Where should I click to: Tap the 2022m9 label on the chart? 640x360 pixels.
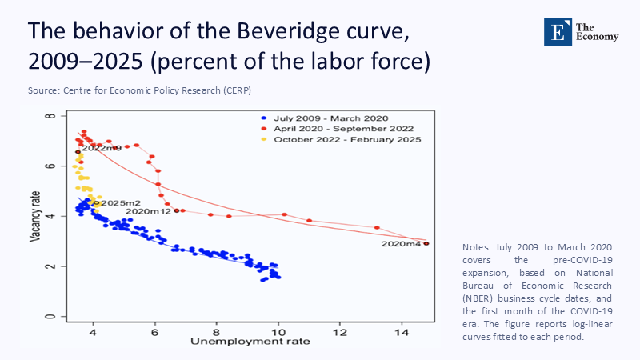click(x=101, y=147)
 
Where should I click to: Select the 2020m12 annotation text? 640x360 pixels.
click(x=148, y=211)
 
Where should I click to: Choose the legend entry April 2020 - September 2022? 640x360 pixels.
click(x=329, y=129)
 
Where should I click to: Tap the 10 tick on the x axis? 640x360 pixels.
click(x=278, y=330)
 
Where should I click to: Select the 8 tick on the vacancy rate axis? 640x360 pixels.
click(x=50, y=116)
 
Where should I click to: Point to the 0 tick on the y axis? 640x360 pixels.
click(x=50, y=317)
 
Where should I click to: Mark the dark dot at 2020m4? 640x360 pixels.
click(x=426, y=243)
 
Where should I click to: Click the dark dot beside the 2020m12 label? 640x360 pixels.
click(x=176, y=210)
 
